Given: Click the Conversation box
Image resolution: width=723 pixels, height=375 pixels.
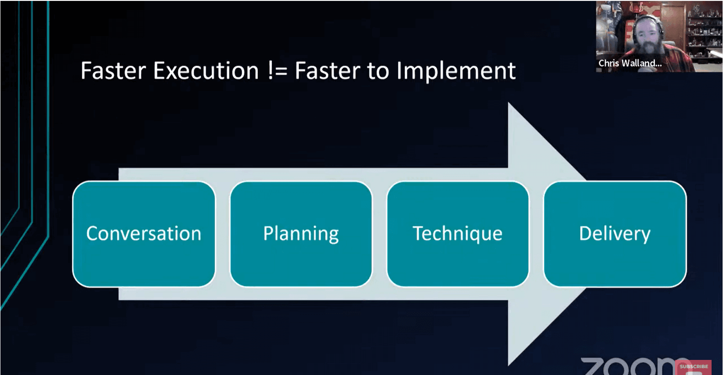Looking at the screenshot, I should coord(144,234).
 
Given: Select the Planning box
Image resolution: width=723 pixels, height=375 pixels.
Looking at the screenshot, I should coord(301,234).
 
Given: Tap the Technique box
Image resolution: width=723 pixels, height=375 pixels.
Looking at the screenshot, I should coord(457,234).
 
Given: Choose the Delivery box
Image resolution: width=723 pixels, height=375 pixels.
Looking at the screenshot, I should coord(615,234).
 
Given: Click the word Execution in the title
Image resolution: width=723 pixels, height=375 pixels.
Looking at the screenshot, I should coord(206,71).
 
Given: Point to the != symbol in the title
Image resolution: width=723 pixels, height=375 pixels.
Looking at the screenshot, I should coord(277,71).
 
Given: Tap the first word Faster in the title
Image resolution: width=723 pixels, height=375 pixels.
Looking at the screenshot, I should coord(113,71).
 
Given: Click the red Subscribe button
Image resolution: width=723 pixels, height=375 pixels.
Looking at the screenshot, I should coord(694,367).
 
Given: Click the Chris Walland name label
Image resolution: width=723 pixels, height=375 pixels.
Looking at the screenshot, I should coord(630,64).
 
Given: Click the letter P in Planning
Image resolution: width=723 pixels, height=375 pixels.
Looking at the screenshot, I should coord(268,233).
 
